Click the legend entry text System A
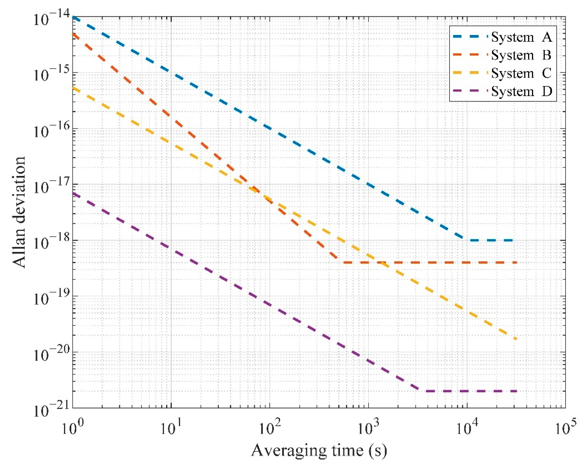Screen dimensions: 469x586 521,37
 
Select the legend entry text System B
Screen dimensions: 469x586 521,55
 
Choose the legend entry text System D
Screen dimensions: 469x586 521,91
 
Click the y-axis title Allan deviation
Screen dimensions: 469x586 19,212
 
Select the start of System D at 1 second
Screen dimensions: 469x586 73,194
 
